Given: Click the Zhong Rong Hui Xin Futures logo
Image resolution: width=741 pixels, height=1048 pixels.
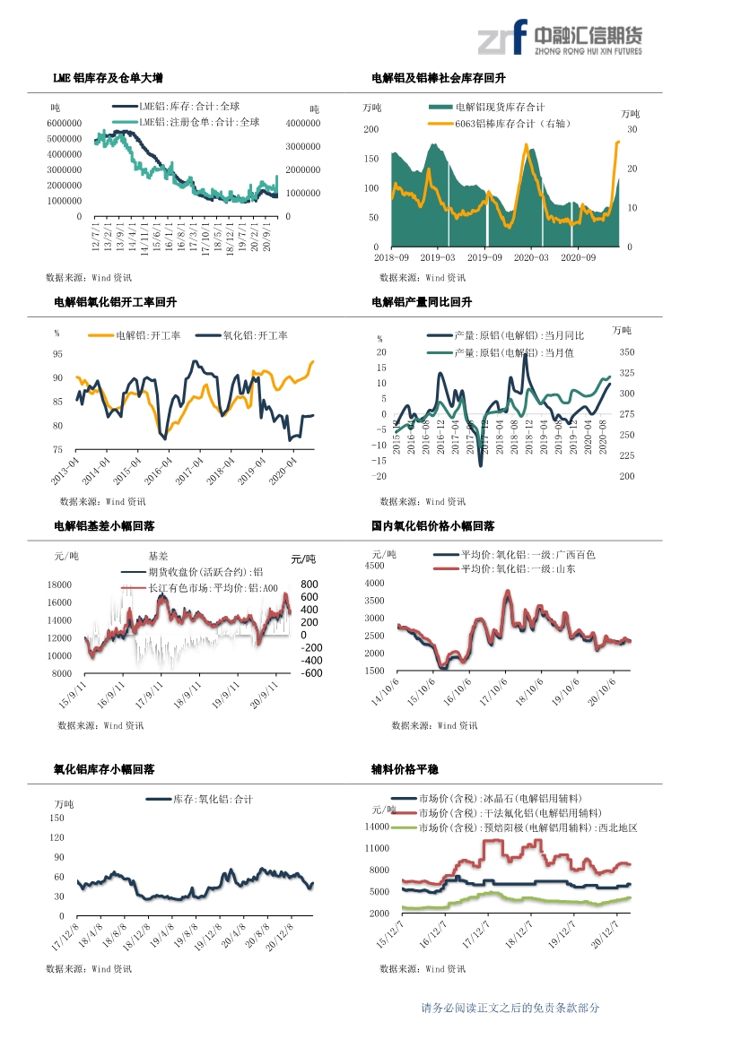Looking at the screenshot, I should [x=559, y=39].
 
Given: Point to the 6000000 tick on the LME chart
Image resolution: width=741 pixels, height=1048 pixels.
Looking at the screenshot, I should [x=64, y=123].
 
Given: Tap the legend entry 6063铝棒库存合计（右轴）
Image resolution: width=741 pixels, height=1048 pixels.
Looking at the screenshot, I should [x=512, y=124].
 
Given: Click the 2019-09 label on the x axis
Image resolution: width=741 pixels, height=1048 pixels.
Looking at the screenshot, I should [x=485, y=257].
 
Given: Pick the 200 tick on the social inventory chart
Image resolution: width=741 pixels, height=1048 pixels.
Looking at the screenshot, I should [x=370, y=130].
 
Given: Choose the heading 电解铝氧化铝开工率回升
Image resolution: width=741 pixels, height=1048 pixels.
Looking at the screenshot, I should [x=116, y=303].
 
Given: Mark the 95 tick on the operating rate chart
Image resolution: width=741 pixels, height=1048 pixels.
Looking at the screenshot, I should [x=57, y=354].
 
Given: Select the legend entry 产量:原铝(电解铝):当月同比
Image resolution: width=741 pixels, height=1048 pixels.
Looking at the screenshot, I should [x=519, y=335].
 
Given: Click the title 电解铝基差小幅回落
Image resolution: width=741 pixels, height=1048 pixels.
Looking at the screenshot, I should [x=104, y=526].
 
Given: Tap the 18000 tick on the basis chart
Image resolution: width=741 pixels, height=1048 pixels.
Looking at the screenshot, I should [x=59, y=585].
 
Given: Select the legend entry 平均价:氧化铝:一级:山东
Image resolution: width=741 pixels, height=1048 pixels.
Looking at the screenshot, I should [x=518, y=568].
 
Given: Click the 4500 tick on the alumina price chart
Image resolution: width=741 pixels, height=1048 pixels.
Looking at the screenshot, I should [x=373, y=566].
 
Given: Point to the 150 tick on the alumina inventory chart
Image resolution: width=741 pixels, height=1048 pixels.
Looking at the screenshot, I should [x=57, y=818].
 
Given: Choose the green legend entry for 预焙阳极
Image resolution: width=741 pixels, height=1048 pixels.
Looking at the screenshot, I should [x=527, y=828].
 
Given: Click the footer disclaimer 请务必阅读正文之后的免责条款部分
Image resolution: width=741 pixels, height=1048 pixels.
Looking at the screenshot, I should [x=510, y=1008].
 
